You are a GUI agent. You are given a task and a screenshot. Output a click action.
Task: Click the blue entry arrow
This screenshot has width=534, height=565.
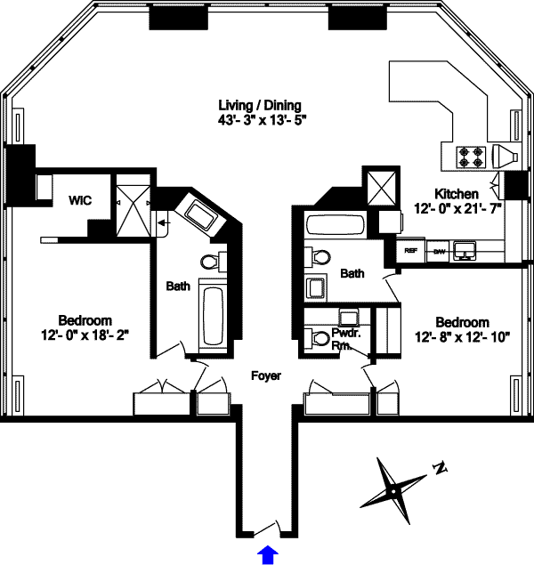point(266,555)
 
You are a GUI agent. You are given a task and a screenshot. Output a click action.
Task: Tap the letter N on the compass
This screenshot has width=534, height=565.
point(439,467)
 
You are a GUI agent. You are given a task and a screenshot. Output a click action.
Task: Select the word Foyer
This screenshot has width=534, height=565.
point(266,376)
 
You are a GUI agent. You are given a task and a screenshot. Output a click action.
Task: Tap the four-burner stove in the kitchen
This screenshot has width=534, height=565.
point(471,157)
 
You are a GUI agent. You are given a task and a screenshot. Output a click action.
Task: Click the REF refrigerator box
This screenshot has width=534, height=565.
point(410,251)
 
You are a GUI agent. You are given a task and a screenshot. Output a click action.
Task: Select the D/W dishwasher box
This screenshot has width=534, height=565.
point(438,251)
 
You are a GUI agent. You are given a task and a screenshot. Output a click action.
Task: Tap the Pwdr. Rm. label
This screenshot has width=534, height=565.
point(345,339)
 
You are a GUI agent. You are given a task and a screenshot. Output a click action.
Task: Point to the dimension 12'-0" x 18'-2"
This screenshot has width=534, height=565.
point(85,335)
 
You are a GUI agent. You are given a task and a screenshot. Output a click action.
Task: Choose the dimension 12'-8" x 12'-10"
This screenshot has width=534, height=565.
point(461,337)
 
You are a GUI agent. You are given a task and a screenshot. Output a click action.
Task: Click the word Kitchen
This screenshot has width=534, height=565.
point(457,194)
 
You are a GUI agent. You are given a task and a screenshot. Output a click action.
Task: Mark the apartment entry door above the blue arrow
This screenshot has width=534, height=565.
point(265,530)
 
